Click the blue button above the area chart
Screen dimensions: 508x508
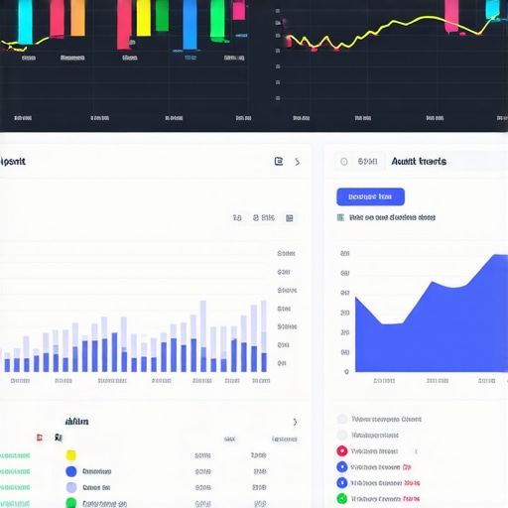click(370, 196)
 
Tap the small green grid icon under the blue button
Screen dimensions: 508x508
click(341, 216)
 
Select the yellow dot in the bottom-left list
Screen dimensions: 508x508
click(70, 455)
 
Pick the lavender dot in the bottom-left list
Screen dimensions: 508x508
click(70, 487)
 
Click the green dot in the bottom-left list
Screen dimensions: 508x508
click(70, 503)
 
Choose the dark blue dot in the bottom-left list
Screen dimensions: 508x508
click(70, 471)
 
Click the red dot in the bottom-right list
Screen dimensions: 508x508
click(342, 450)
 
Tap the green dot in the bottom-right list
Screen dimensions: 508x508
click(342, 499)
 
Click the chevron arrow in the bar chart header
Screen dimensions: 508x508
click(297, 162)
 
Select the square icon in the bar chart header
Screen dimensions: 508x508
click(279, 161)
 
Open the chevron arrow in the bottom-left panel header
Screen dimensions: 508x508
click(294, 422)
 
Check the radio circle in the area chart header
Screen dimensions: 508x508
click(343, 161)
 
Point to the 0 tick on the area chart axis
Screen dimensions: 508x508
click(346, 372)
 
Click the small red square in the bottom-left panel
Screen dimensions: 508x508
click(39, 437)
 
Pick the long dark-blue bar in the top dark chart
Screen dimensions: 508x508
click(190, 25)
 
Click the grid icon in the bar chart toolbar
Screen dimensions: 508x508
click(290, 217)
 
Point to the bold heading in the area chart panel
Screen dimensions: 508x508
click(418, 161)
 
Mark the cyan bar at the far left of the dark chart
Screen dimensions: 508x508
click(25, 17)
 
